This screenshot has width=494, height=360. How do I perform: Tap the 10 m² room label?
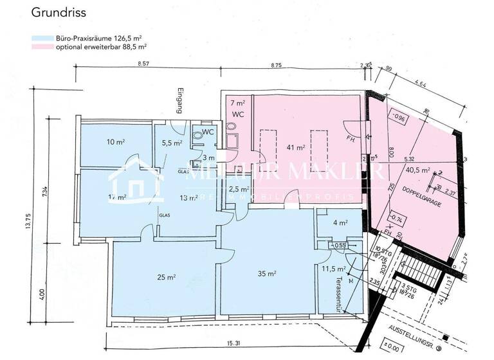pyautogui.click(x=98, y=141)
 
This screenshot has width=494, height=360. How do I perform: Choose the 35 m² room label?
pyautogui.click(x=267, y=274)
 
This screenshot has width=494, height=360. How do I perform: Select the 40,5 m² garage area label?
pyautogui.click(x=417, y=170)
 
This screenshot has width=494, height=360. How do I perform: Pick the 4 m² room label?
pyautogui.click(x=340, y=223)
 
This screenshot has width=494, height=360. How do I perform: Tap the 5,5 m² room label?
pyautogui.click(x=171, y=143)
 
